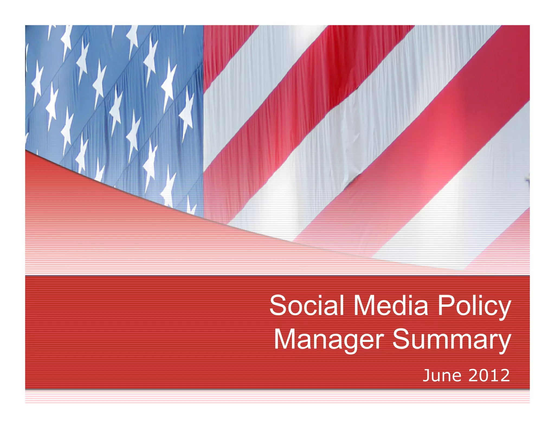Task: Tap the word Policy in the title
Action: click(474, 306)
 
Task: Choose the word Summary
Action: click(451, 340)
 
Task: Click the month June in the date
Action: click(442, 376)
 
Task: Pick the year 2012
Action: click(489, 376)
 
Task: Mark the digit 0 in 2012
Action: click(483, 376)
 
